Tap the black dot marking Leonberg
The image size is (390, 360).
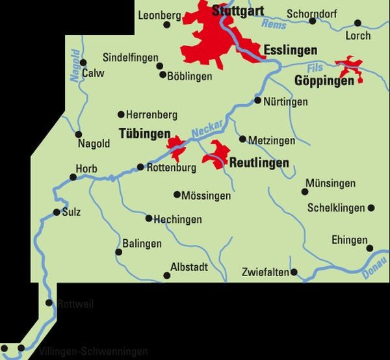166,25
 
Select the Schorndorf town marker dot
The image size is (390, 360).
313,21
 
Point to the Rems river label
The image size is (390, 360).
269,25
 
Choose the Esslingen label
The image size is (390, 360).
291,50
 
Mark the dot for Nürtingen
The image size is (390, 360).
257,101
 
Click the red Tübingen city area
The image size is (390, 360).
175,148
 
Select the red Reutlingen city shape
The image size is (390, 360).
217,155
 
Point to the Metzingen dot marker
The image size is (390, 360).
242,139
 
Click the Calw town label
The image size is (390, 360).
94,73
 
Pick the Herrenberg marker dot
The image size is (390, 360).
120,114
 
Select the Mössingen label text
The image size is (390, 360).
206,194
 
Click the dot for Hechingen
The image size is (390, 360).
149,218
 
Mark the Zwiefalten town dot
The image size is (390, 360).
294,272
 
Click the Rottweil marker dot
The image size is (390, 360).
49,303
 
